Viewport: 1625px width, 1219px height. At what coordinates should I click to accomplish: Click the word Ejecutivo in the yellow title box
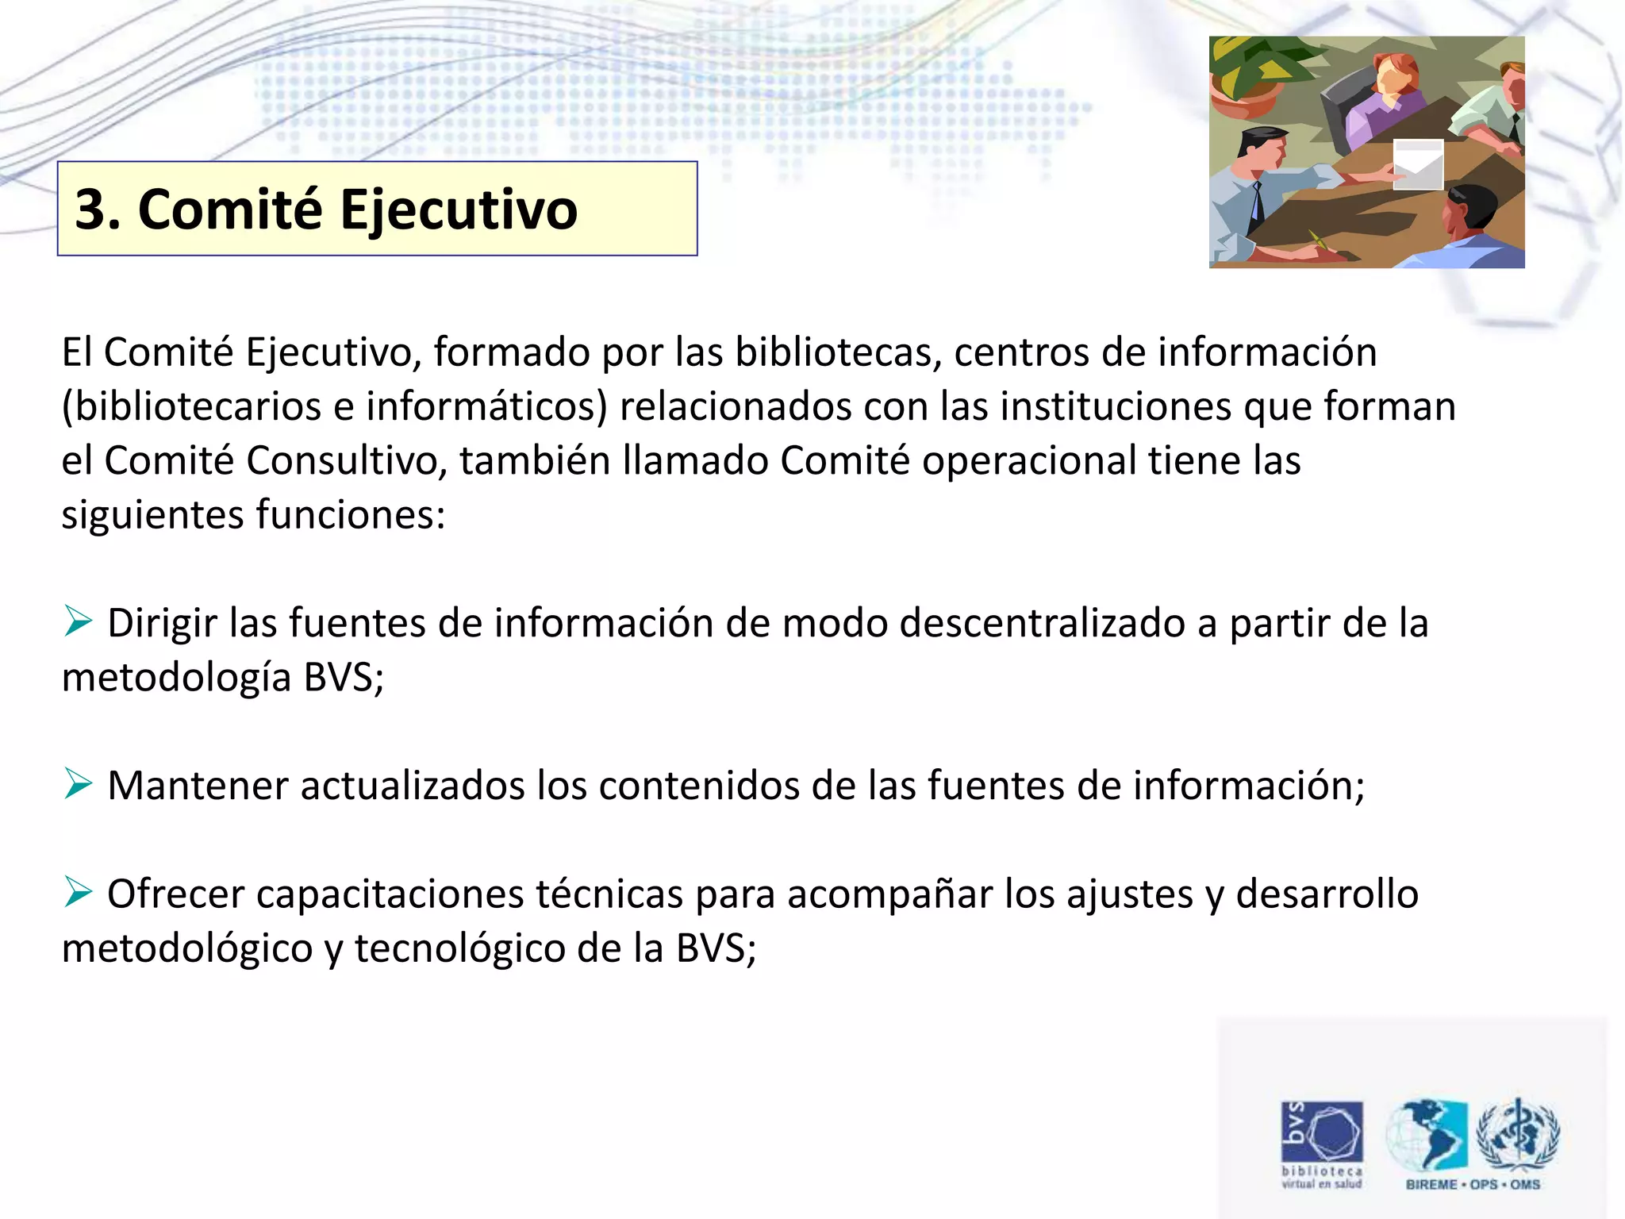(x=459, y=210)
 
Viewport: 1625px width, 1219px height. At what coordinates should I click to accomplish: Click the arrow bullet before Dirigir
(x=79, y=621)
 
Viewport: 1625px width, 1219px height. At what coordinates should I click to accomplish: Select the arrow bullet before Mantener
(x=79, y=784)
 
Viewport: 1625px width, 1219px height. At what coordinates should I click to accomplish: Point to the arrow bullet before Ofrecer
(x=79, y=893)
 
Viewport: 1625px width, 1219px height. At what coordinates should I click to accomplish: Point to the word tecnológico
(x=459, y=949)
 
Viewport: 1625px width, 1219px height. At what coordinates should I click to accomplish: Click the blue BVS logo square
(x=1322, y=1132)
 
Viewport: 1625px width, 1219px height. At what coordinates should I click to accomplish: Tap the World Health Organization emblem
(x=1518, y=1133)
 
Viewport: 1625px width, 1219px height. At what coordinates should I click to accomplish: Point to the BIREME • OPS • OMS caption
(x=1473, y=1185)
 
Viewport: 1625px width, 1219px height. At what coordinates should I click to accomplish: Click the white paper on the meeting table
(x=1419, y=164)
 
